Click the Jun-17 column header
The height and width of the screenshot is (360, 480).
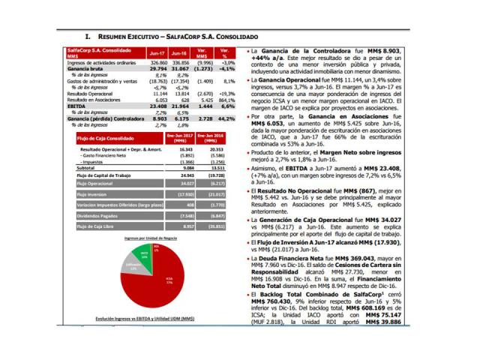coord(157,54)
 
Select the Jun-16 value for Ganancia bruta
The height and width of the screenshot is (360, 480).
coord(178,68)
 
